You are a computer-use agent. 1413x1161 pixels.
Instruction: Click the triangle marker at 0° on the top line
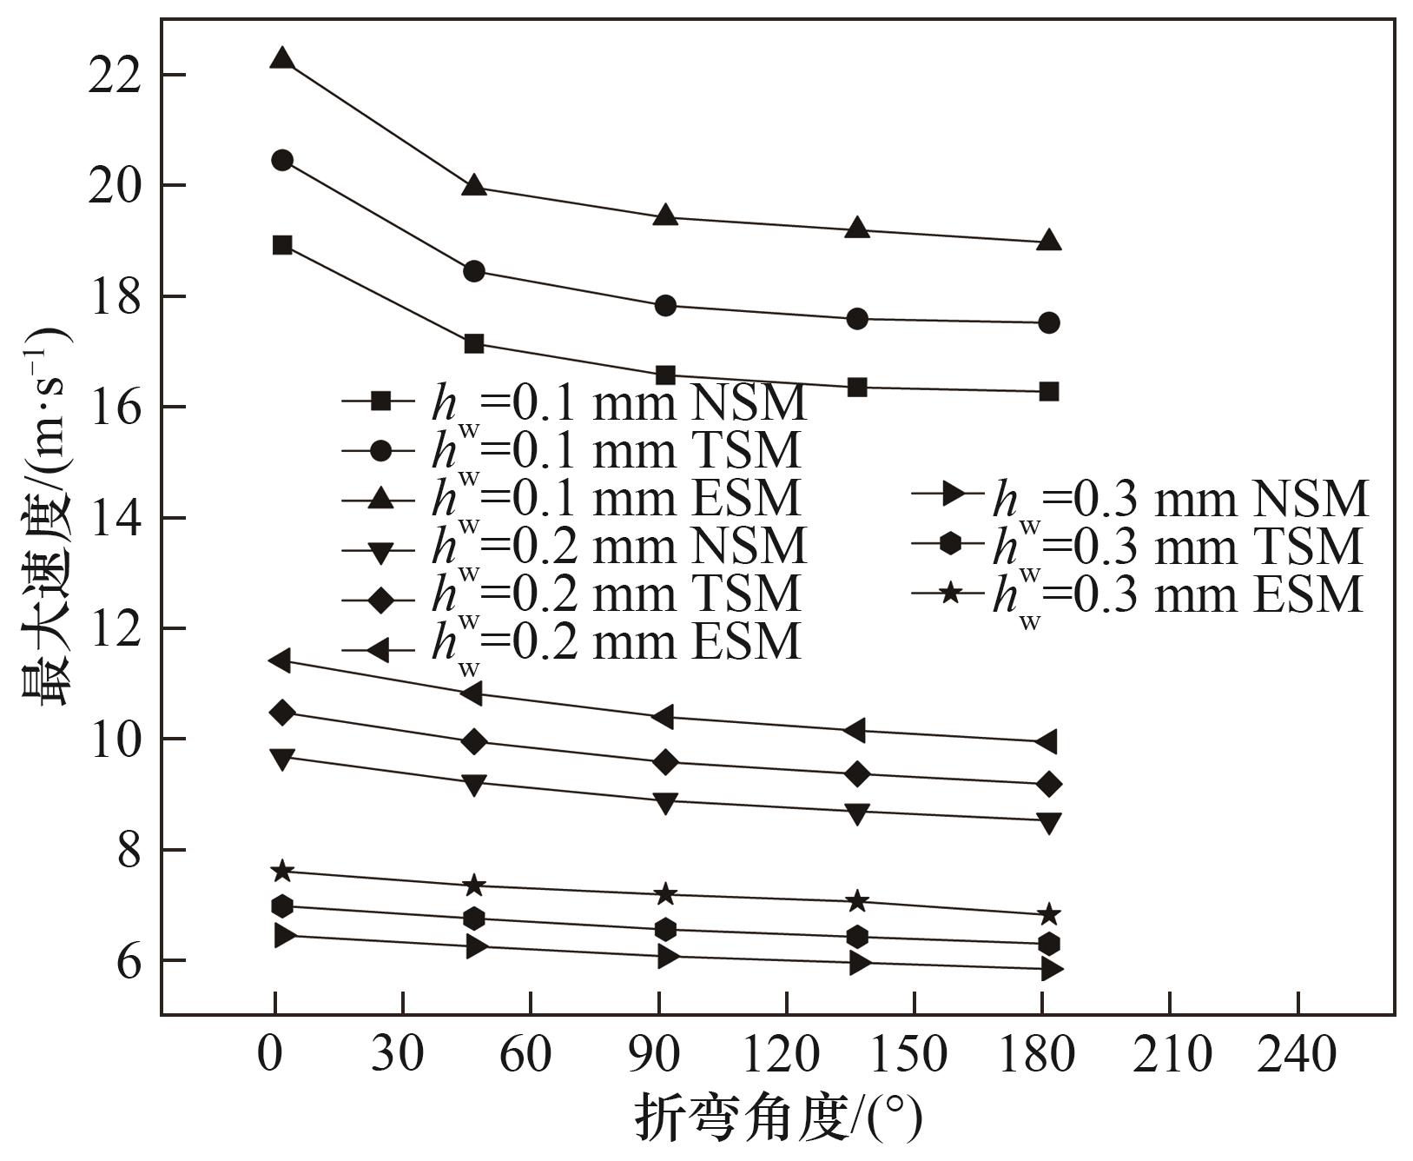point(282,59)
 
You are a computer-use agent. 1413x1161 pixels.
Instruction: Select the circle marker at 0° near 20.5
point(282,160)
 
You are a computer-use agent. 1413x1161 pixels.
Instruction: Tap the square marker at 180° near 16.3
point(1049,391)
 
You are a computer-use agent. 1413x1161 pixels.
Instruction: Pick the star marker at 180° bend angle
point(1049,914)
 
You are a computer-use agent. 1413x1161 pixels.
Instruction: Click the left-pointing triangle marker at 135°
point(856,731)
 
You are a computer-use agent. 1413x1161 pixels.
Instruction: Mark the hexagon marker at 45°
point(474,918)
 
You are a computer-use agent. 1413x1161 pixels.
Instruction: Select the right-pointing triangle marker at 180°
point(1051,969)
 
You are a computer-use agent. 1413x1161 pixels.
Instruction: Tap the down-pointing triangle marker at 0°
point(282,758)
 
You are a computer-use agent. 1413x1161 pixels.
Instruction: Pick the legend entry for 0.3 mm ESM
point(1138,594)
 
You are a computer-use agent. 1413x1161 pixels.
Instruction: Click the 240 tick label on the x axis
point(1297,1055)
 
